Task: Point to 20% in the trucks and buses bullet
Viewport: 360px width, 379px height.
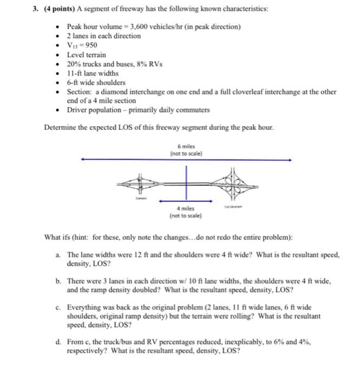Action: click(74, 64)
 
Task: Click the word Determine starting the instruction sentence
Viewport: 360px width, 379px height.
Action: click(60, 128)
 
